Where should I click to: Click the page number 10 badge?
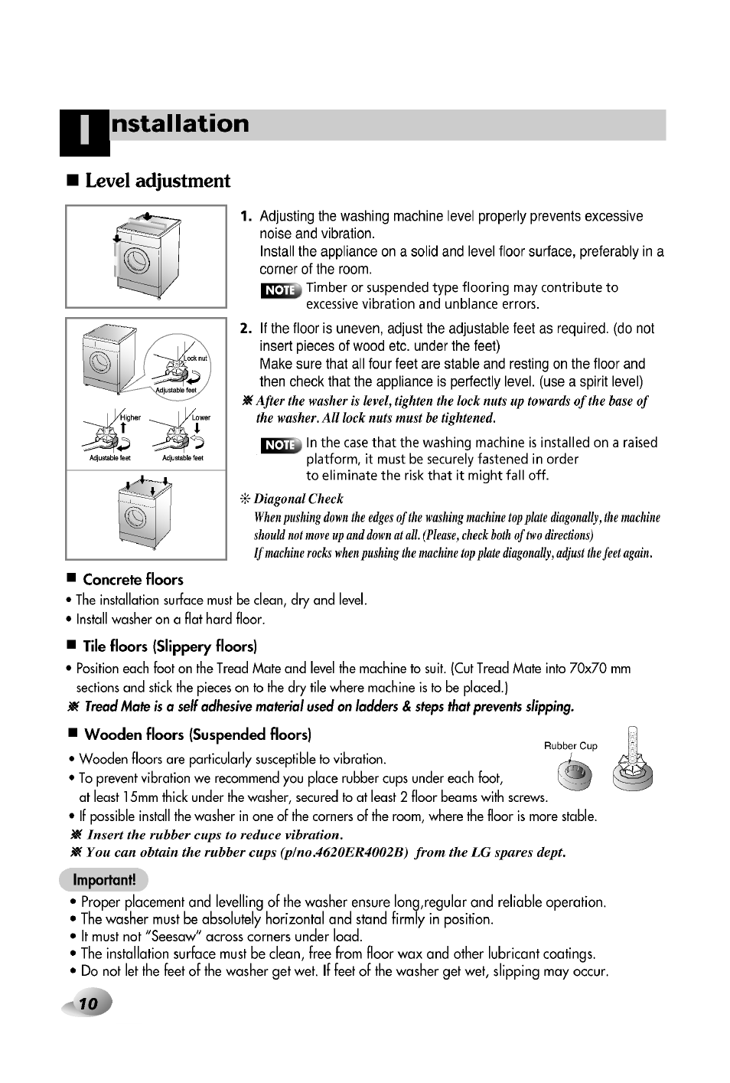coord(89,1004)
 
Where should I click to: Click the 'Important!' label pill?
coord(103,879)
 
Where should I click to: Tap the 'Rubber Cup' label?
coord(570,745)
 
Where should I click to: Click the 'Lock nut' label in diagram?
coord(195,358)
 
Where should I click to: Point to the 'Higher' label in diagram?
coord(131,417)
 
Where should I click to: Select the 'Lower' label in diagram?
coord(201,417)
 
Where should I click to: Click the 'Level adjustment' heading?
coord(157,182)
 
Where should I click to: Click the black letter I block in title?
coord(84,132)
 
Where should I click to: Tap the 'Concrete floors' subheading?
coord(133,580)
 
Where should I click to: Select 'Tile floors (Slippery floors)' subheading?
coord(170,646)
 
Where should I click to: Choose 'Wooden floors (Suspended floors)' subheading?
coord(197,735)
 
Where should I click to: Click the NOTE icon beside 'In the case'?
coord(281,445)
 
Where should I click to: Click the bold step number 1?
coord(246,217)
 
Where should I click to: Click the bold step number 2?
coord(246,329)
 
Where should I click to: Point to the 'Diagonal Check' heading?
coord(298,499)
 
